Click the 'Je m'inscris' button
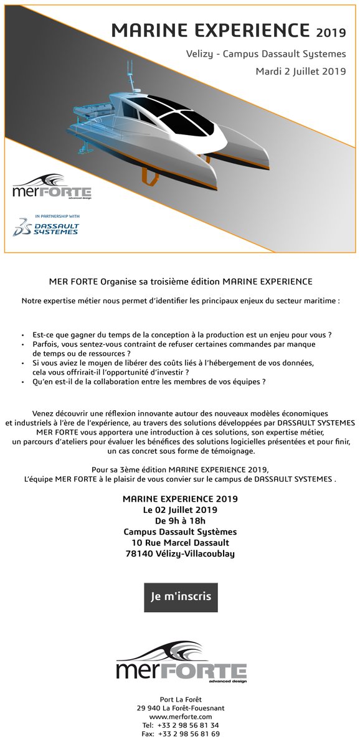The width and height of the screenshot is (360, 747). [180, 596]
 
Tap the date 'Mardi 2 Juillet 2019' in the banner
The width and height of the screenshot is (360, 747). [301, 72]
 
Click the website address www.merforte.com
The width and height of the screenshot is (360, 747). [180, 716]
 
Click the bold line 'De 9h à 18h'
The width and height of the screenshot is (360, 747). [180, 521]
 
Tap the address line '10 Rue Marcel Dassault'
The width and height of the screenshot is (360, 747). [180, 543]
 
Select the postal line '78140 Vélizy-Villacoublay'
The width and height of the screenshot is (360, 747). [180, 553]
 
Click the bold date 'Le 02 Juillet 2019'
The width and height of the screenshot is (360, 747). [180, 510]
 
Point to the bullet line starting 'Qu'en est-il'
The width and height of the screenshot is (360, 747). [149, 381]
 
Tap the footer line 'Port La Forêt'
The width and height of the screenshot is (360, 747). [180, 700]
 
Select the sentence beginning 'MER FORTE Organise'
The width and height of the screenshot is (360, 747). [180, 281]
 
